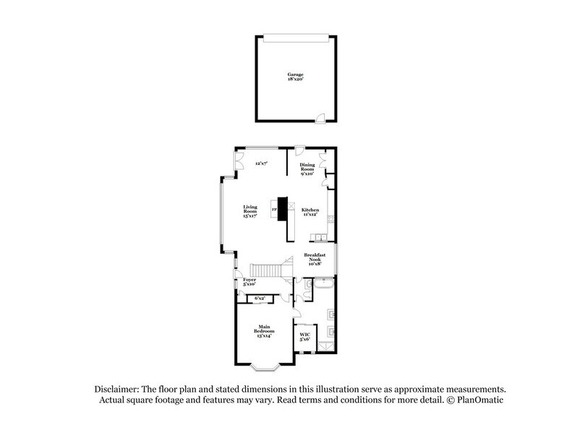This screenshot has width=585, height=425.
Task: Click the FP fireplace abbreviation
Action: tap(273, 210)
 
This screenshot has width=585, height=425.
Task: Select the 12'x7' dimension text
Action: tap(261, 164)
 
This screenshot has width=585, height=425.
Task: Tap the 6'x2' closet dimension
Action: tap(260, 298)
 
